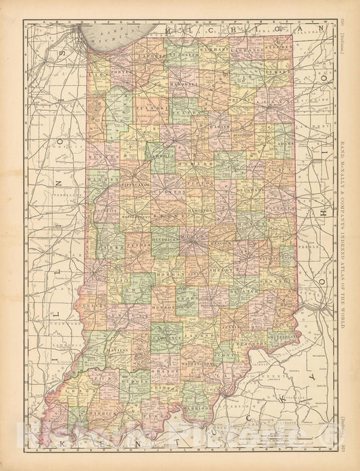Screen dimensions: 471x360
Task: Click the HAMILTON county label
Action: click(x=201, y=211)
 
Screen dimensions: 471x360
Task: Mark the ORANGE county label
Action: click(x=165, y=371)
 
